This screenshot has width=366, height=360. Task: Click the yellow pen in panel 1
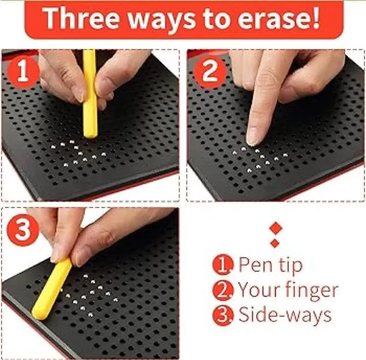(x=90, y=92)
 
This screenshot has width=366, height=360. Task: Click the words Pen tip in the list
(x=270, y=264)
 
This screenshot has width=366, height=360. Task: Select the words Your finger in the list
(x=287, y=290)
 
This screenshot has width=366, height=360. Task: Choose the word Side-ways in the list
(x=285, y=315)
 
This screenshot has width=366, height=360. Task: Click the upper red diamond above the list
(x=275, y=227)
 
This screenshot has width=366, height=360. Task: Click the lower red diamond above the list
(x=275, y=243)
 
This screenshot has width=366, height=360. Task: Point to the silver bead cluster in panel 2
(x=259, y=158)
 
